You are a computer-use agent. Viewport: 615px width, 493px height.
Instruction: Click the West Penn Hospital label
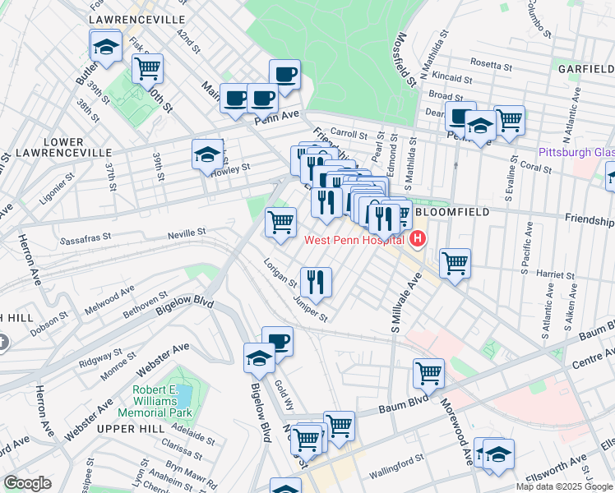(x=354, y=240)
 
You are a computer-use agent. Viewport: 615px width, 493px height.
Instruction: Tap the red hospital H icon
(x=418, y=239)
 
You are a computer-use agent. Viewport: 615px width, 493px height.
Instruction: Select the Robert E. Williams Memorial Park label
(x=155, y=400)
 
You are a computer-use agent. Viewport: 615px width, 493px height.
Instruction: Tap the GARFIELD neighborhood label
(x=585, y=68)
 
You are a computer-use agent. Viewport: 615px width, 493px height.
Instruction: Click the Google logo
(x=27, y=483)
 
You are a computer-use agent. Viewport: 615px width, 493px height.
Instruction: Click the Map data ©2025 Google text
(x=564, y=486)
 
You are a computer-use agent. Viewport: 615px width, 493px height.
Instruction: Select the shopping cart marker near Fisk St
(x=147, y=70)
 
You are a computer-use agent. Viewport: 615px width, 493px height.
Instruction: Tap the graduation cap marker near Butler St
(x=105, y=47)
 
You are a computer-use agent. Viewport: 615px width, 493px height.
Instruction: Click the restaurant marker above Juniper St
(x=316, y=282)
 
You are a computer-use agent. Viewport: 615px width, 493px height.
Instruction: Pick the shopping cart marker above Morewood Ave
(x=428, y=373)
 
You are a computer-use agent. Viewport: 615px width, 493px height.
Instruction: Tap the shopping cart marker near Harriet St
(x=455, y=263)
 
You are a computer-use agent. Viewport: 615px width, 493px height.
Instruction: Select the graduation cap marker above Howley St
(x=207, y=154)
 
